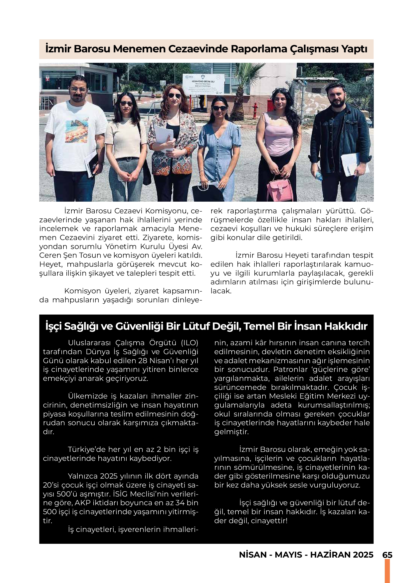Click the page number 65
pyautogui.click(x=387, y=555)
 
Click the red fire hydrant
pyautogui.click(x=255, y=110)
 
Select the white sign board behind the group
pyautogui.click(x=204, y=84)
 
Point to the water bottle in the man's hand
pyautogui.click(x=319, y=176)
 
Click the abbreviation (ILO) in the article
pyautogui.click(x=190, y=343)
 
